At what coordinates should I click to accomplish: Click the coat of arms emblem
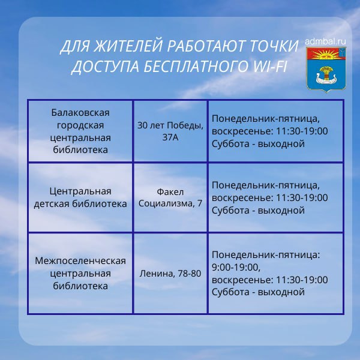click(326, 70)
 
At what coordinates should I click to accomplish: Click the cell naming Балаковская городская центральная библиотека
click(80, 131)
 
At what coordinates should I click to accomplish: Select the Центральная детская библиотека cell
click(80, 197)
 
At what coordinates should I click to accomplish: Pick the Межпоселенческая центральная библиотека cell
click(80, 273)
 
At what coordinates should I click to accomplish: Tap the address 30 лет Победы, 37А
click(170, 131)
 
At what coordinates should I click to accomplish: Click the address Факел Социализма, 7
click(170, 197)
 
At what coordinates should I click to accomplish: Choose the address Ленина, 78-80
click(170, 274)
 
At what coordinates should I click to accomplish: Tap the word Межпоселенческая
click(80, 260)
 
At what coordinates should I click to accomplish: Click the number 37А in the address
click(170, 137)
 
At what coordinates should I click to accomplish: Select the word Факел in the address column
click(170, 192)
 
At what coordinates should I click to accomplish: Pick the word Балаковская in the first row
click(80, 112)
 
